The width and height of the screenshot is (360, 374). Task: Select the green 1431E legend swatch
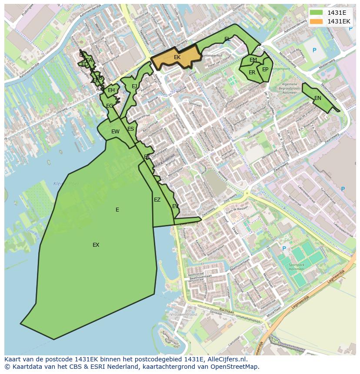[x=317, y=13]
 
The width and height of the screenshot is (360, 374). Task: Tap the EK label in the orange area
[x=177, y=57]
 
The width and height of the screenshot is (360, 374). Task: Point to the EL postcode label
[x=227, y=39]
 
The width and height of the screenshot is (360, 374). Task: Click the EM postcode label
[x=253, y=60]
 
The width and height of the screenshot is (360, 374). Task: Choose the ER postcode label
[x=252, y=73]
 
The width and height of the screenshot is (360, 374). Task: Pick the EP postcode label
[x=265, y=70]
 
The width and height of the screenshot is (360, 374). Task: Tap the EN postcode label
[x=318, y=98]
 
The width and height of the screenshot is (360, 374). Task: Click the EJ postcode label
[x=134, y=86]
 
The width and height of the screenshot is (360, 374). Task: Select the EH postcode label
[x=111, y=90]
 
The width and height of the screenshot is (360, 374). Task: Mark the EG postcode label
[x=110, y=106]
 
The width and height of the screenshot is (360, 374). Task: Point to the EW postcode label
[x=115, y=132]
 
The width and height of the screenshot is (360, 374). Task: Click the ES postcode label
[x=131, y=129]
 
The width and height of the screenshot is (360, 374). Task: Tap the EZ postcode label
[x=157, y=200]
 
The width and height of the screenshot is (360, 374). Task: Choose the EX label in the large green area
[x=96, y=245]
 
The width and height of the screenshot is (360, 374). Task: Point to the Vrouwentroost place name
[x=183, y=314]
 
